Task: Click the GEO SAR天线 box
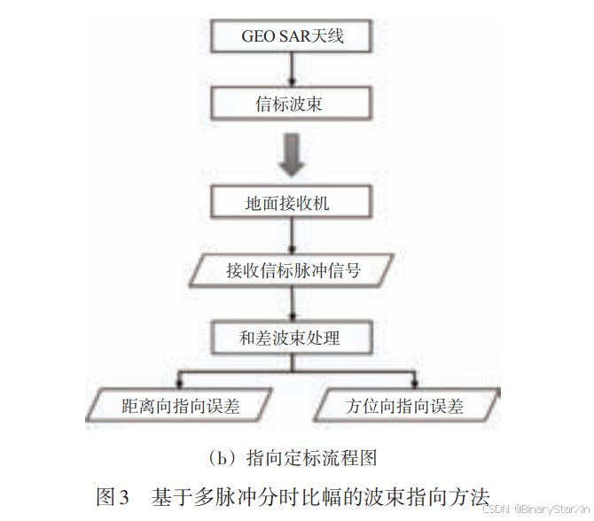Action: (292, 36)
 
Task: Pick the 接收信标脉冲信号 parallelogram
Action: (293, 270)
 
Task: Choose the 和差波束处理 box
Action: (289, 338)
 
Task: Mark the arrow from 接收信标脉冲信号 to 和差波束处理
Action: (290, 304)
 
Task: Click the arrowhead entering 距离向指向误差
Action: (180, 383)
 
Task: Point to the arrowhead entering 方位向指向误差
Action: (413, 383)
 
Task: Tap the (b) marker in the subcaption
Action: (221, 458)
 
